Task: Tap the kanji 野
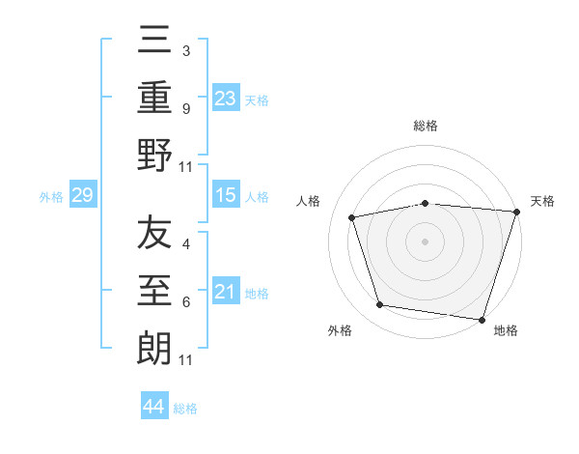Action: pyautogui.click(x=155, y=156)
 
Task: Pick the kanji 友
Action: pyautogui.click(x=155, y=235)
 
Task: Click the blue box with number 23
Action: pyautogui.click(x=225, y=98)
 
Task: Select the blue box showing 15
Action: pyautogui.click(x=225, y=195)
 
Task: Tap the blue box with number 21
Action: pyautogui.click(x=225, y=292)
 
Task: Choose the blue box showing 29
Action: pyautogui.click(x=82, y=196)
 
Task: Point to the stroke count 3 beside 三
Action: pyautogui.click(x=185, y=49)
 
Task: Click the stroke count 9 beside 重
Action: pyautogui.click(x=185, y=108)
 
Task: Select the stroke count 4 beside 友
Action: pyautogui.click(x=185, y=244)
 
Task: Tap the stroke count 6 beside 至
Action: pyautogui.click(x=185, y=302)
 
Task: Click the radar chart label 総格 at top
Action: pyautogui.click(x=426, y=127)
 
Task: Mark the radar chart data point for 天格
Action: pyautogui.click(x=516, y=211)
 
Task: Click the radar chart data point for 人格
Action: pyautogui.click(x=353, y=217)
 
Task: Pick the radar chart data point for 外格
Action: pyautogui.click(x=380, y=305)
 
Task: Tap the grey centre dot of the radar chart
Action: pyautogui.click(x=426, y=241)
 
